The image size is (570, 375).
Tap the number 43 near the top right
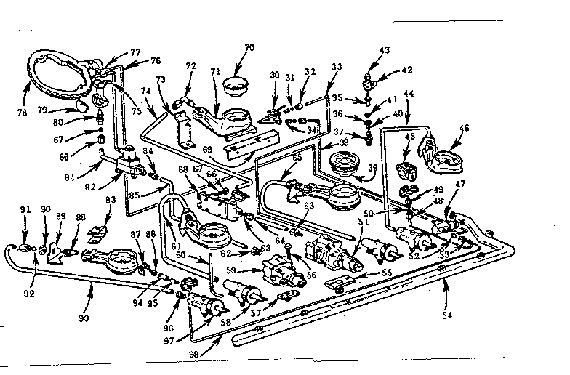tap(384, 50)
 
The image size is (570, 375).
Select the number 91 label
tap(25, 211)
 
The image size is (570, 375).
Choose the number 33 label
tap(337, 68)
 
